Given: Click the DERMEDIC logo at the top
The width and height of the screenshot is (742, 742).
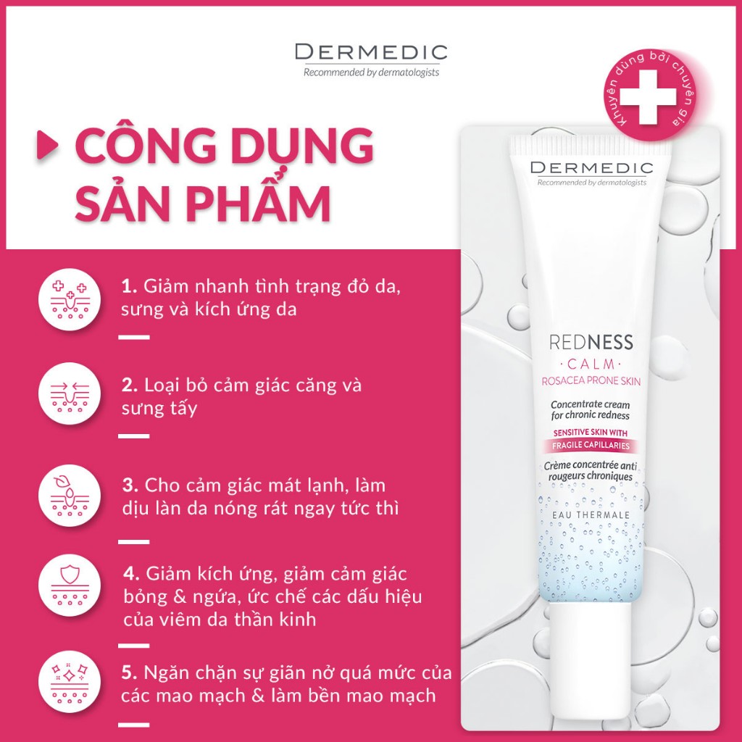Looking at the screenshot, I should click(x=371, y=53).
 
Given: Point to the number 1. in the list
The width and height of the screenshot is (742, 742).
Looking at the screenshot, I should click(x=130, y=285).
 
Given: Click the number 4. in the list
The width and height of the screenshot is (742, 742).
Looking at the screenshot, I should click(x=131, y=573).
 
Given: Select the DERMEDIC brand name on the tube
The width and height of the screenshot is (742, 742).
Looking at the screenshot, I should click(x=591, y=168).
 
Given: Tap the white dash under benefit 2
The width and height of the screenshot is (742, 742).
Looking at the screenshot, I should click(x=133, y=436).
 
